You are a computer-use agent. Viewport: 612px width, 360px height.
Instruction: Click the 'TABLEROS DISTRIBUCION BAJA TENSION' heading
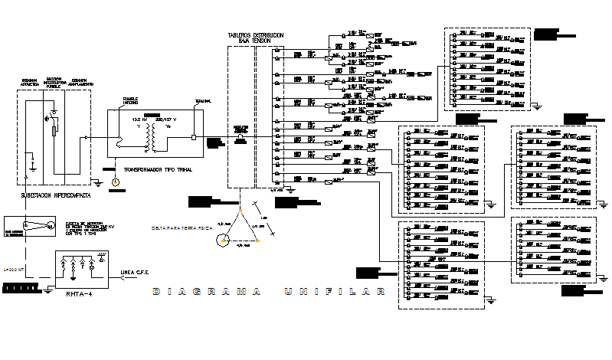click(256, 38)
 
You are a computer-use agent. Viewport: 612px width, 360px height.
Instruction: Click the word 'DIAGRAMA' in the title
click(204, 291)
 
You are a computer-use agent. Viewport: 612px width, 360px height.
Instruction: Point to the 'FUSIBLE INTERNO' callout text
click(131, 100)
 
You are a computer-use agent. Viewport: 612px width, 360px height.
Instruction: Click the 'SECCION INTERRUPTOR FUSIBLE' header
click(53, 83)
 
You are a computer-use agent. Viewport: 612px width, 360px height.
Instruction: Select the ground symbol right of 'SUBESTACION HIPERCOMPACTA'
click(98, 182)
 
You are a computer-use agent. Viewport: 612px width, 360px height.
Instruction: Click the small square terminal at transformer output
click(193, 138)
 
